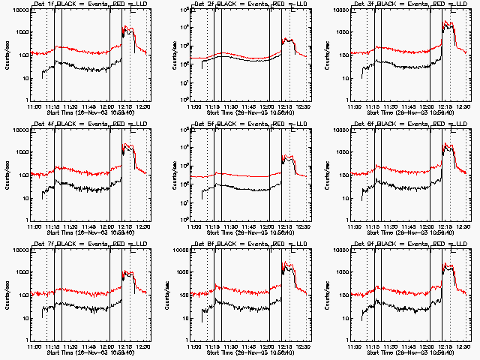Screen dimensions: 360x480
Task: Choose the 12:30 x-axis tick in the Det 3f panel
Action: (x=463, y=107)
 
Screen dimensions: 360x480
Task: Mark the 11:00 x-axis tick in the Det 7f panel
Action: (x=34, y=347)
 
